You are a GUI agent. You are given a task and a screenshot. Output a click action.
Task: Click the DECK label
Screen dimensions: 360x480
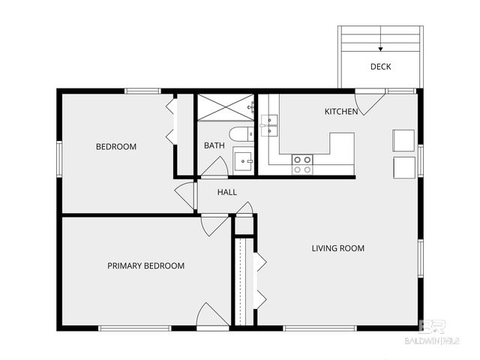(380, 67)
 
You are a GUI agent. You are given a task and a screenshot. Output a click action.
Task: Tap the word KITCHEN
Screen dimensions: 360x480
(340, 112)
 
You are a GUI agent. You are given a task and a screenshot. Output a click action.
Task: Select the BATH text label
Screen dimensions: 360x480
(214, 145)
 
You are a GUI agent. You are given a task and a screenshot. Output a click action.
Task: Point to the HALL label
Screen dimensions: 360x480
(227, 193)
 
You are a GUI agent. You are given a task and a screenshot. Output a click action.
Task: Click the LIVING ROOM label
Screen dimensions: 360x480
(338, 248)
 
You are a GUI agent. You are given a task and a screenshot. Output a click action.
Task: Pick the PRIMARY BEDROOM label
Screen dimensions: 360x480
(145, 265)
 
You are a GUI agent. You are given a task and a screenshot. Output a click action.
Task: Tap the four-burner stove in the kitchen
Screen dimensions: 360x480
(302, 164)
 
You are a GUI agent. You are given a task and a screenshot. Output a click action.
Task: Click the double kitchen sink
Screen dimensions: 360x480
(269, 125)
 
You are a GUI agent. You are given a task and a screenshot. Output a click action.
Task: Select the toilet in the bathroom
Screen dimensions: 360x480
(241, 136)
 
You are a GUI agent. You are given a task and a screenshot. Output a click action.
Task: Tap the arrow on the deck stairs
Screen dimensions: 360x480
(380, 47)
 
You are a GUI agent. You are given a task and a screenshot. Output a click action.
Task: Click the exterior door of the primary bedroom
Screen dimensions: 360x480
(212, 316)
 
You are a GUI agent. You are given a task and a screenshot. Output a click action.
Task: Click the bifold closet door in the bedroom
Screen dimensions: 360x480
(170, 120)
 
